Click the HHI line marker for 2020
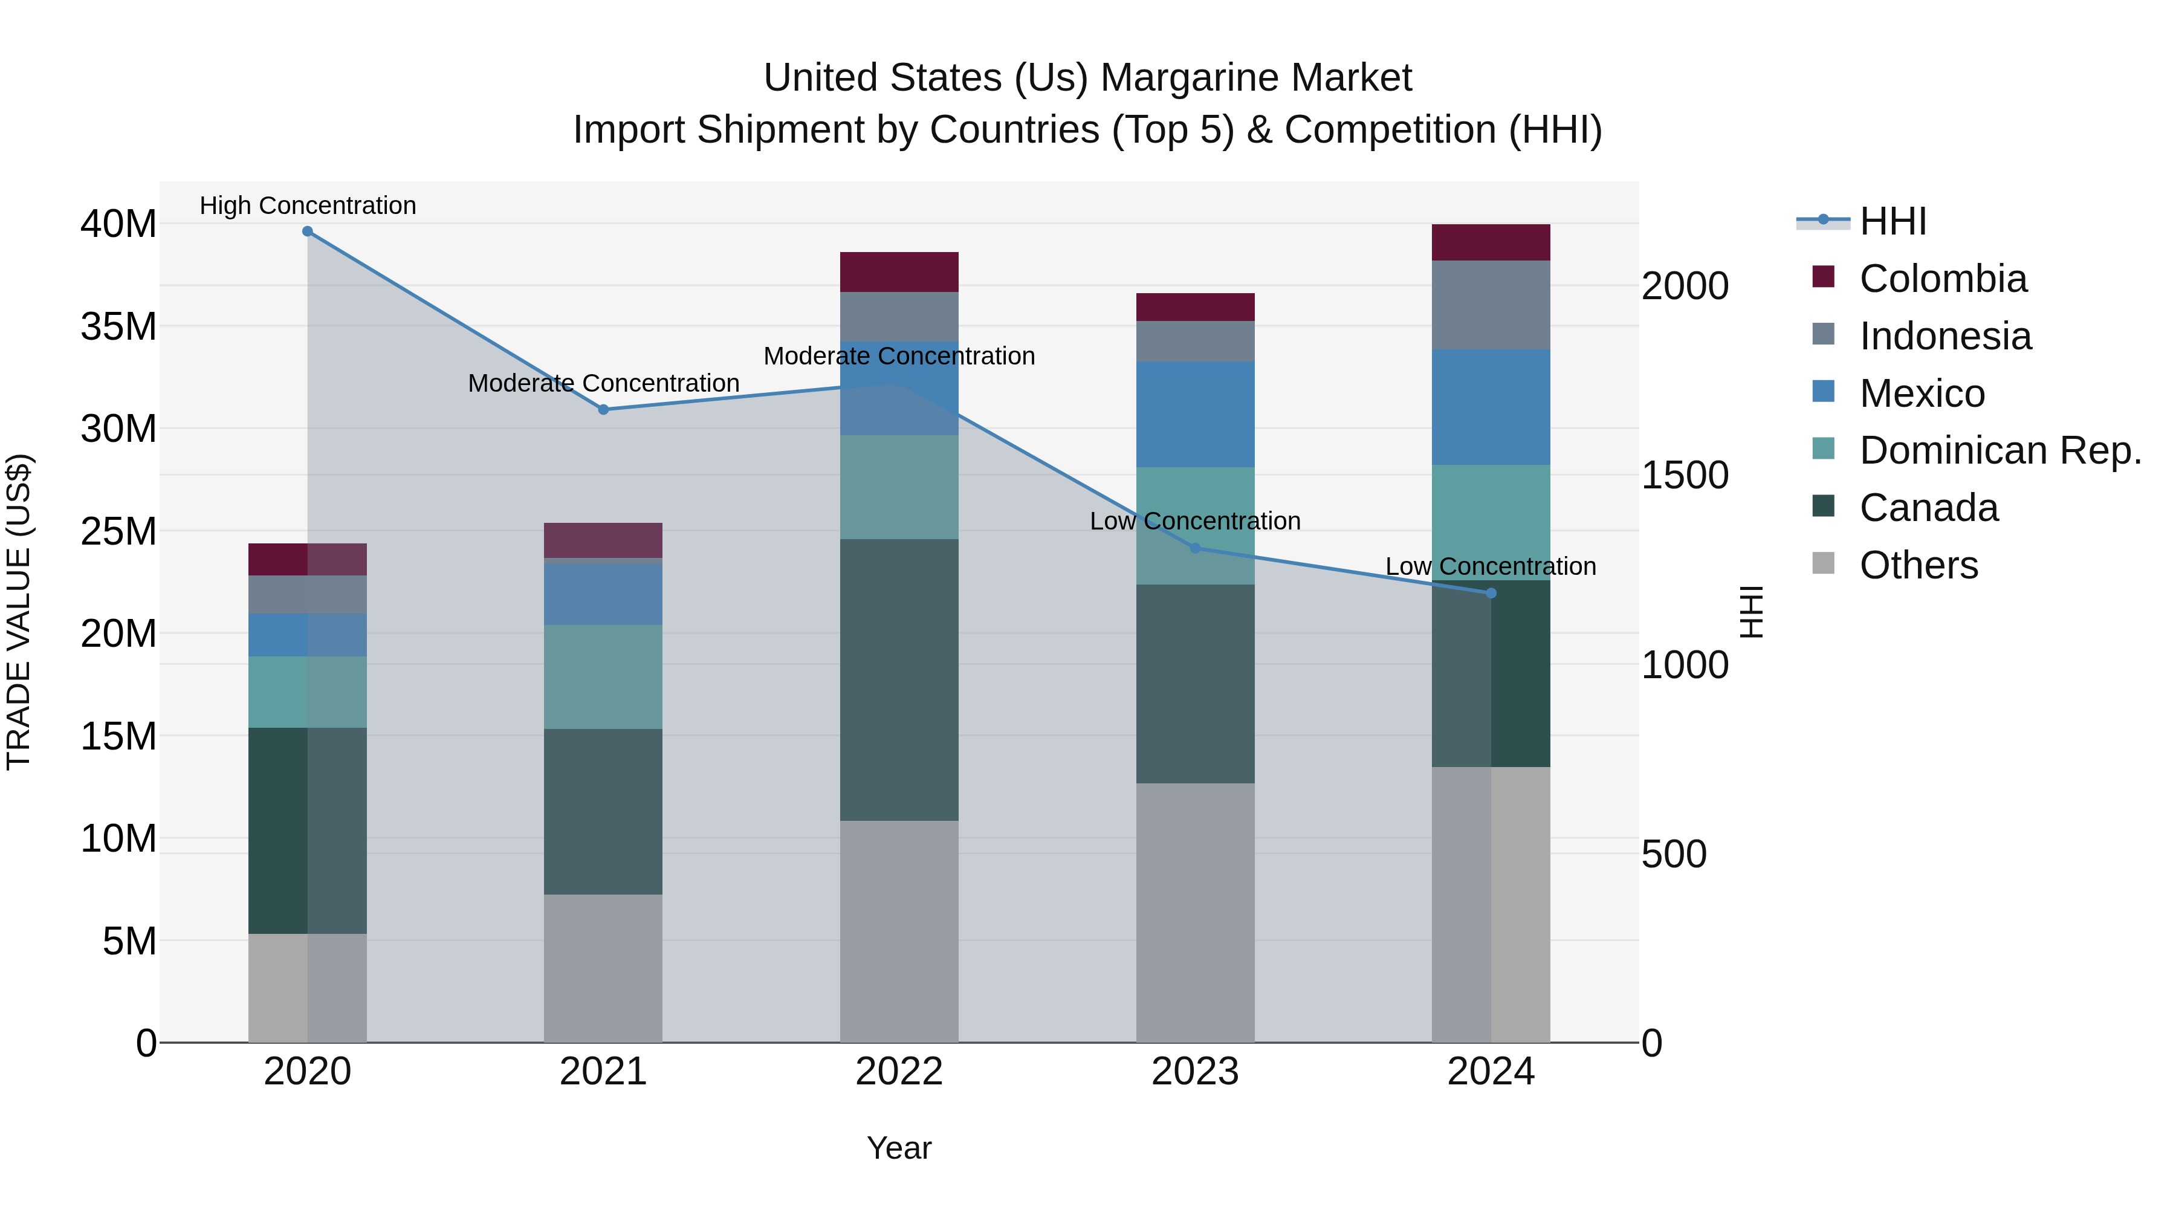(308, 232)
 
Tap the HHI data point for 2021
(603, 410)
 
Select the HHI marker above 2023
(1195, 548)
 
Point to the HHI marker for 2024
(1491, 593)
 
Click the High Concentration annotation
(308, 206)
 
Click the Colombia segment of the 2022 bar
(899, 272)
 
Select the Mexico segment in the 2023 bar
(1195, 414)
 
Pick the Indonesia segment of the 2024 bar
(1491, 305)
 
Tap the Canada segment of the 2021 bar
(603, 811)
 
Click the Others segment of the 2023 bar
(1195, 912)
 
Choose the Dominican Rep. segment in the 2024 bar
(1491, 522)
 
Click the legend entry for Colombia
(1942, 279)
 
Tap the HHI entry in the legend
(1892, 221)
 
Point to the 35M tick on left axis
(118, 326)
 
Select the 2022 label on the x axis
(899, 1072)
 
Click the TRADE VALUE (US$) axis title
(19, 612)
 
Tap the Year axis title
(899, 1148)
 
